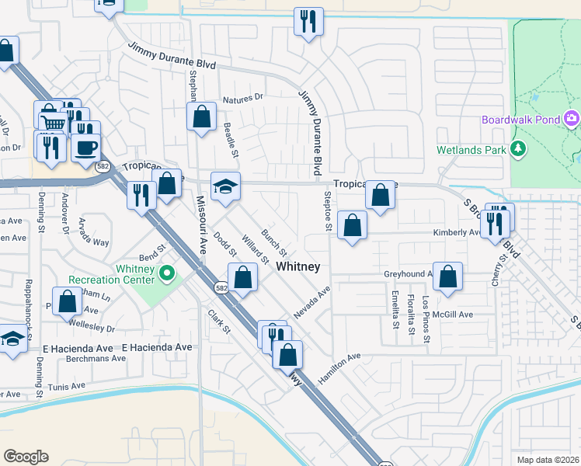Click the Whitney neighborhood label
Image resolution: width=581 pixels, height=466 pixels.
click(298, 266)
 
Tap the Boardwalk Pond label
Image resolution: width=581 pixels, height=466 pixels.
click(520, 120)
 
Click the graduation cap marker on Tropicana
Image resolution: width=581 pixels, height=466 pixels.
click(225, 186)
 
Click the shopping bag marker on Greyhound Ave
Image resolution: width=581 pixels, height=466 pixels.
click(448, 276)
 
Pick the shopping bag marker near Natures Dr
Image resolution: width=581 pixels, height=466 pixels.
click(202, 118)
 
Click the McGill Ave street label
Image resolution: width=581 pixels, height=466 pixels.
click(454, 315)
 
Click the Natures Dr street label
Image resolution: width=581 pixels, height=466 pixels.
click(243, 99)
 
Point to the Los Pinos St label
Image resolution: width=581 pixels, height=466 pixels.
click(426, 319)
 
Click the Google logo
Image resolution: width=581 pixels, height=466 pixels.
click(26, 457)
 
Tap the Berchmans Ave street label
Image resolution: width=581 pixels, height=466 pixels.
click(96, 359)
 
